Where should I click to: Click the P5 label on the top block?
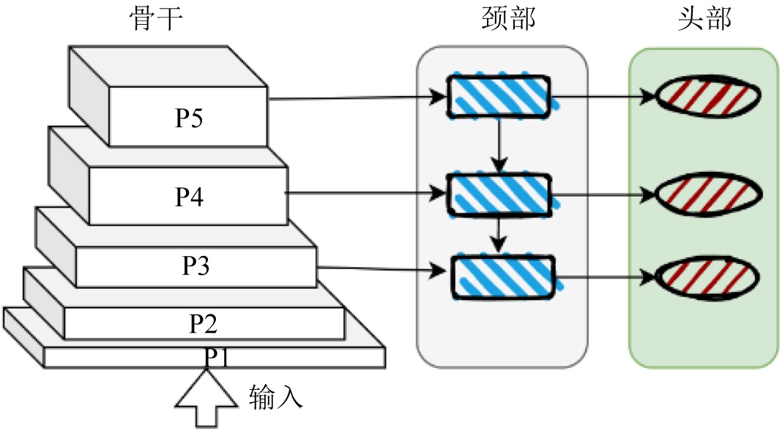click(189, 118)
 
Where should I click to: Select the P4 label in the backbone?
click(189, 197)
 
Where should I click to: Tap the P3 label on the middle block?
click(195, 266)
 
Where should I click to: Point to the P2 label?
click(203, 323)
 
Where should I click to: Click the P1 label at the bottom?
click(217, 356)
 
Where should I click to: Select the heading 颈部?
click(502, 20)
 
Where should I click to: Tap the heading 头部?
click(704, 20)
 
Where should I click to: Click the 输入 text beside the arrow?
click(275, 397)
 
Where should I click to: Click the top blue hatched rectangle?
click(499, 95)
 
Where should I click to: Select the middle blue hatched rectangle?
click(499, 195)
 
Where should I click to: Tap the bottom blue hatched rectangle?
click(503, 276)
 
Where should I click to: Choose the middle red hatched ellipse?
click(707, 195)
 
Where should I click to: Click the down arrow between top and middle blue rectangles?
click(499, 145)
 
